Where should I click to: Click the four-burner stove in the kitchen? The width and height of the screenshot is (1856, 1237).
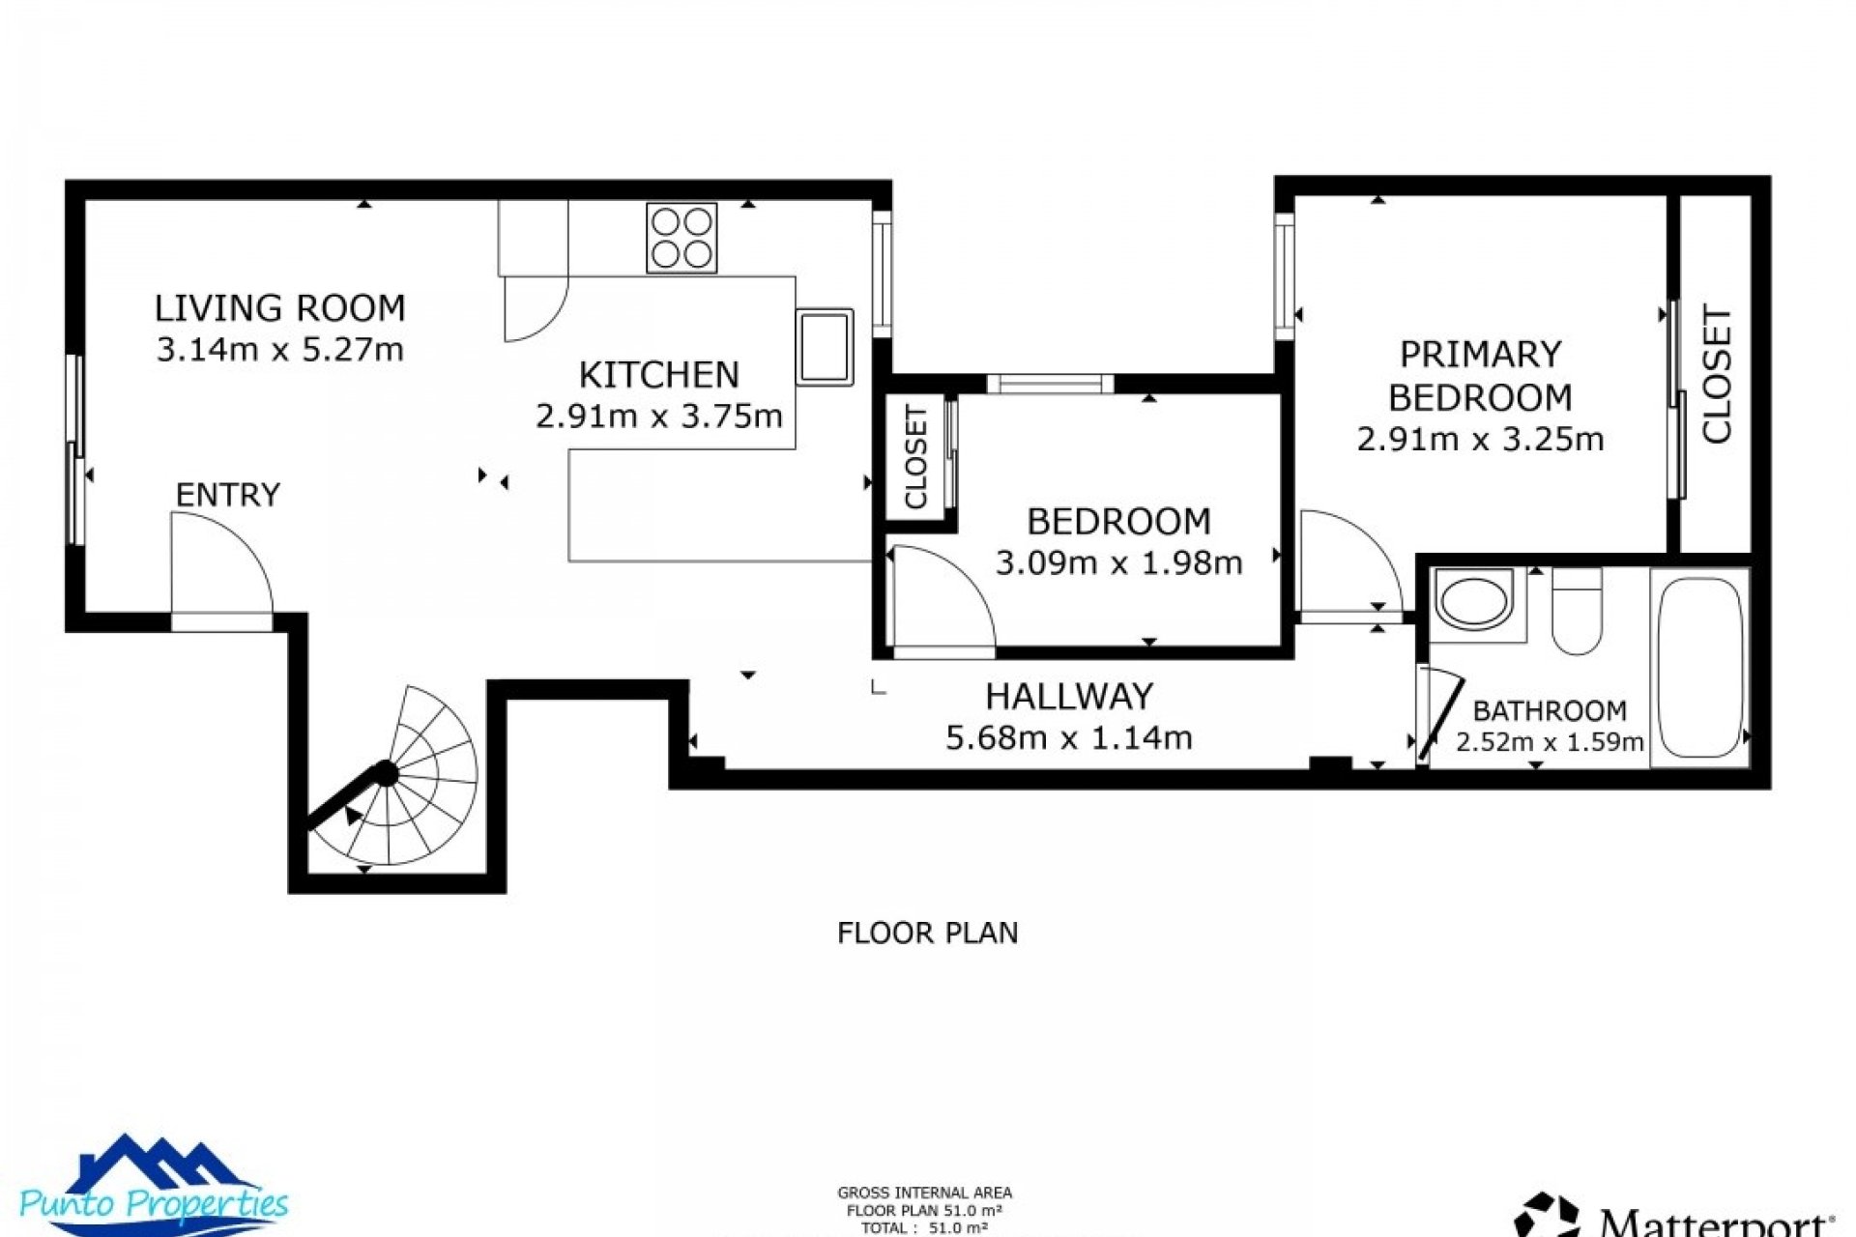(x=681, y=238)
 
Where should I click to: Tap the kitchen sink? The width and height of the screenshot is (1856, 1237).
(x=825, y=347)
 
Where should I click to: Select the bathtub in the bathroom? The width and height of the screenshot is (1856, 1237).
(x=1700, y=667)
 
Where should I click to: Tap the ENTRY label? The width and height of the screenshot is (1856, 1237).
(x=227, y=495)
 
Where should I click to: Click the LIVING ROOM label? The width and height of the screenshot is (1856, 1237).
(x=280, y=308)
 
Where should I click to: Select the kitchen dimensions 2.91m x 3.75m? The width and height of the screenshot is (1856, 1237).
(x=658, y=417)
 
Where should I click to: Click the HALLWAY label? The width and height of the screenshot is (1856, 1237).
(x=1069, y=697)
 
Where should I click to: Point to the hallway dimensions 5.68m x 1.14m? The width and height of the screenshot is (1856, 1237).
(x=1069, y=738)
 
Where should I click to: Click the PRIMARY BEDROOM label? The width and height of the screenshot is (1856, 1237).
(x=1480, y=376)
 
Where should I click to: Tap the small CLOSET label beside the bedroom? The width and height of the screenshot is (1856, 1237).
(x=915, y=457)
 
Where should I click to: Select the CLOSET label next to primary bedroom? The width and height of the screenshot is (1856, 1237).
(x=1717, y=375)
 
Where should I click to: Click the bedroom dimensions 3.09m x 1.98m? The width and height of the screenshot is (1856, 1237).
(x=1118, y=562)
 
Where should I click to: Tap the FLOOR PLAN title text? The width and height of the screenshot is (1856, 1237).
(x=927, y=933)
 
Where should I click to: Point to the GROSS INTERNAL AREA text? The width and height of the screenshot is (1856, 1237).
(x=924, y=1194)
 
